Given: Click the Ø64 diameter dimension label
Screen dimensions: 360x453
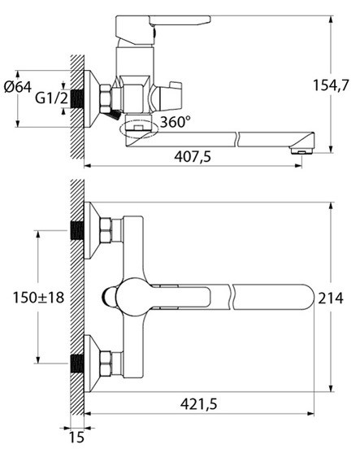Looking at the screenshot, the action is (18, 87).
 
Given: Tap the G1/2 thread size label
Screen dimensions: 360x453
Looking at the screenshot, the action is (52, 98).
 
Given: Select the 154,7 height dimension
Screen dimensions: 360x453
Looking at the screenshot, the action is (331, 85).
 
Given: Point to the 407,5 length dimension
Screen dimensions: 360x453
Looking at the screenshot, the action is (193, 157).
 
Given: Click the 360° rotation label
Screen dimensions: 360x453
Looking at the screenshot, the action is (176, 122).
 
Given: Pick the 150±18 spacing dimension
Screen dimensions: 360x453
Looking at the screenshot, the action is (38, 298).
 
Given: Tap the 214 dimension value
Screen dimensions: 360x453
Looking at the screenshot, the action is (331, 298).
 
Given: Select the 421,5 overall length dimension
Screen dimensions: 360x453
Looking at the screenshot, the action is (198, 403).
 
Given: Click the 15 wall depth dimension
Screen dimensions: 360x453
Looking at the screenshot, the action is (76, 437).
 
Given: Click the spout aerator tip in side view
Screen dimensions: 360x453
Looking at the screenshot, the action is (302, 150).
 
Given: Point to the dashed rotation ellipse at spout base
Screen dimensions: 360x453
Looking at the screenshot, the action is (140, 129).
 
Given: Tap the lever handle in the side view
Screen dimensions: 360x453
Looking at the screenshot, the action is (163, 27).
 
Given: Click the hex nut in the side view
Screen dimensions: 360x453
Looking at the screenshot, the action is (106, 98).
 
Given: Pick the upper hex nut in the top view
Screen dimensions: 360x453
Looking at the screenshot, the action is (106, 230).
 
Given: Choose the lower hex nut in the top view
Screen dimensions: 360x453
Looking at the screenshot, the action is (106, 364).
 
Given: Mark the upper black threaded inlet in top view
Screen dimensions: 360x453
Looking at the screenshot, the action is (77, 230).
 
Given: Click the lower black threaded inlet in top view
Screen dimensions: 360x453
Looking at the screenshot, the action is (77, 364).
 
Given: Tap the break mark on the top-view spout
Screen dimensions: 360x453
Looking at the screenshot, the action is (232, 298).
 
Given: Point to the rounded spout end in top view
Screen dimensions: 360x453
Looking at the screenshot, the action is (308, 298).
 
